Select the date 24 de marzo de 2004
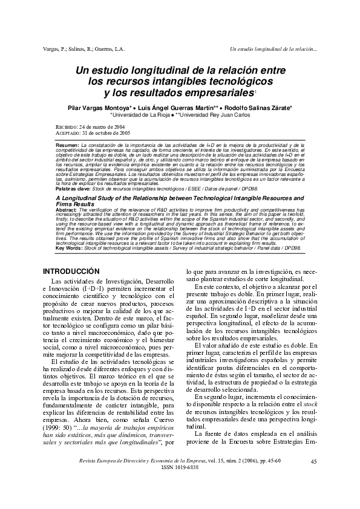pyautogui.click(x=102, y=126)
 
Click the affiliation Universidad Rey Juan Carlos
pyautogui.click(x=215, y=114)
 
